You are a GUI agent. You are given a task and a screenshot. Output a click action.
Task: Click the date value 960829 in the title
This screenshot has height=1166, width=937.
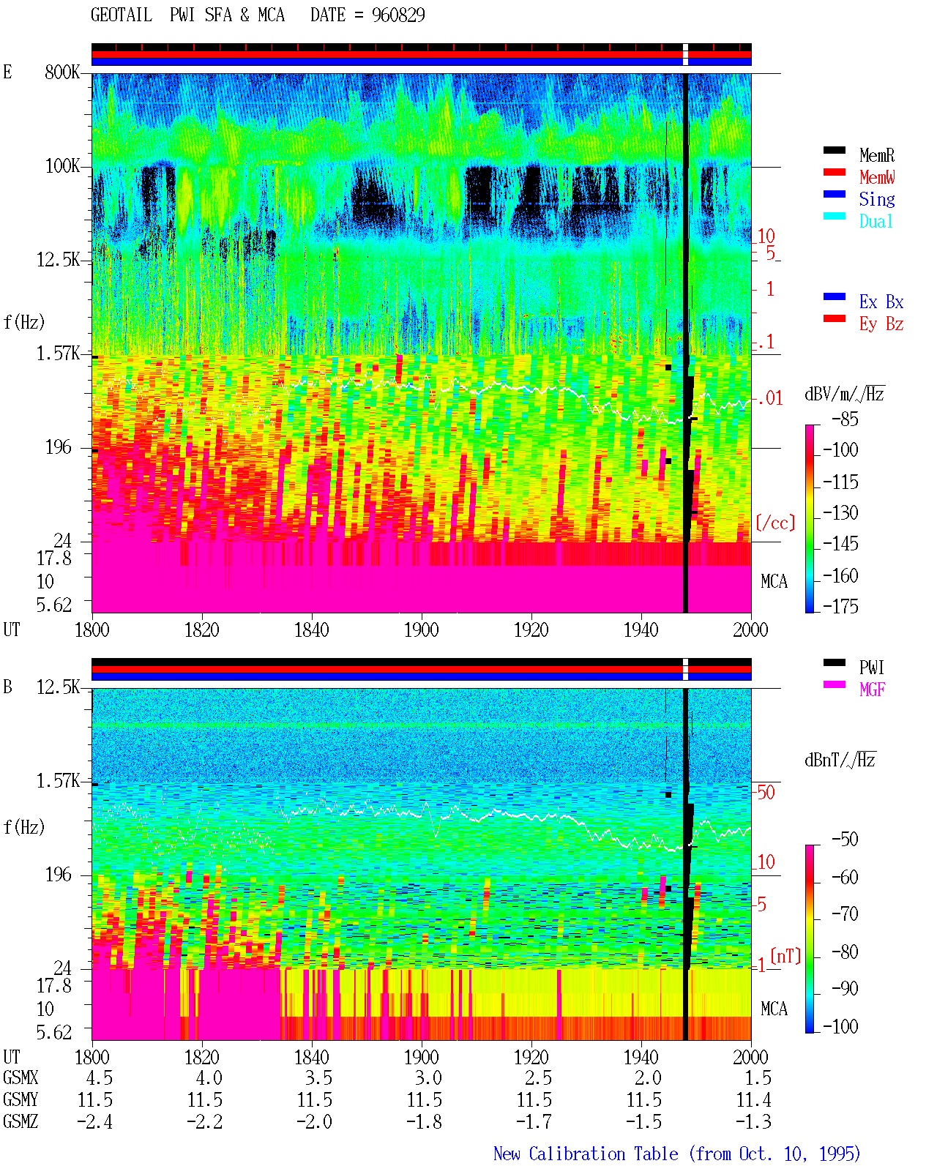(x=398, y=15)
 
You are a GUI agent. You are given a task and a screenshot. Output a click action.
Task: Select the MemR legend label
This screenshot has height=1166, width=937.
(x=876, y=155)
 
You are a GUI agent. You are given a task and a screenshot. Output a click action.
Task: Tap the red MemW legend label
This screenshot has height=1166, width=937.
(x=877, y=177)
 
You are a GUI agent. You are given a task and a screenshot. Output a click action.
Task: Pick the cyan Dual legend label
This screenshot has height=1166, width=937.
(x=876, y=221)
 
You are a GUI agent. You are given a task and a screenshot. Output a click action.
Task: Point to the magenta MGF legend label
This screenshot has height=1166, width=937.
(x=872, y=689)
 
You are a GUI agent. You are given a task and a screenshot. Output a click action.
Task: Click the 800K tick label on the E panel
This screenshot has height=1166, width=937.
(x=62, y=72)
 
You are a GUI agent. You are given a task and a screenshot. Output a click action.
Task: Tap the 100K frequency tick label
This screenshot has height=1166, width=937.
(x=62, y=166)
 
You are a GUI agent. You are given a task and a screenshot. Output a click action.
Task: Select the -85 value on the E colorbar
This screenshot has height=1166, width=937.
(x=845, y=419)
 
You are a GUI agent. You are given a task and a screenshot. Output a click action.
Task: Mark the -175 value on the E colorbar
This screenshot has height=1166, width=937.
(x=840, y=606)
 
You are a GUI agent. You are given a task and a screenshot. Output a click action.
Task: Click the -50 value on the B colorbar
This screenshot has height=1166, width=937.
(x=845, y=840)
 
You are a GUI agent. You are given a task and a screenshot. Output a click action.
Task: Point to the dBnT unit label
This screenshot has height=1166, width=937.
(x=840, y=760)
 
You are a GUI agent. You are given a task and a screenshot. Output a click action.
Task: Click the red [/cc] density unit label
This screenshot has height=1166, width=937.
(x=775, y=523)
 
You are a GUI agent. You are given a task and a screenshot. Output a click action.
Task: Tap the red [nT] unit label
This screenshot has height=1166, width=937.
(x=785, y=956)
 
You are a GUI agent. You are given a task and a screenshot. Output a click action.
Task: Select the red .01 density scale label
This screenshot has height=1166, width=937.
(x=770, y=399)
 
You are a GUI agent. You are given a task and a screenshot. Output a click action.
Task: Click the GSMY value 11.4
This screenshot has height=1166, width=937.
(x=753, y=1100)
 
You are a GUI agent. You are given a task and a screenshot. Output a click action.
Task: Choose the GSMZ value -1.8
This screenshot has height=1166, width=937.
(x=425, y=1121)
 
